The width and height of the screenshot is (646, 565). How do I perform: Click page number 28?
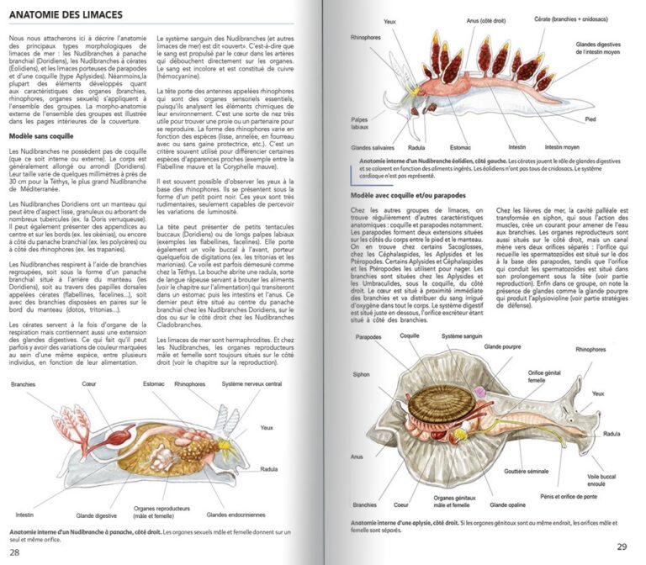coord(14,552)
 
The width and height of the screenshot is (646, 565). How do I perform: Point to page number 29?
coord(622,547)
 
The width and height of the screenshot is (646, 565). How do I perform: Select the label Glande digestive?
coord(97,515)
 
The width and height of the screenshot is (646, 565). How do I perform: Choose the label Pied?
coord(590,119)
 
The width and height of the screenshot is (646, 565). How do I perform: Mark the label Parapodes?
coord(369,339)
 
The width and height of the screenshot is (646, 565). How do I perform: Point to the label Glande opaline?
coord(510,504)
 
